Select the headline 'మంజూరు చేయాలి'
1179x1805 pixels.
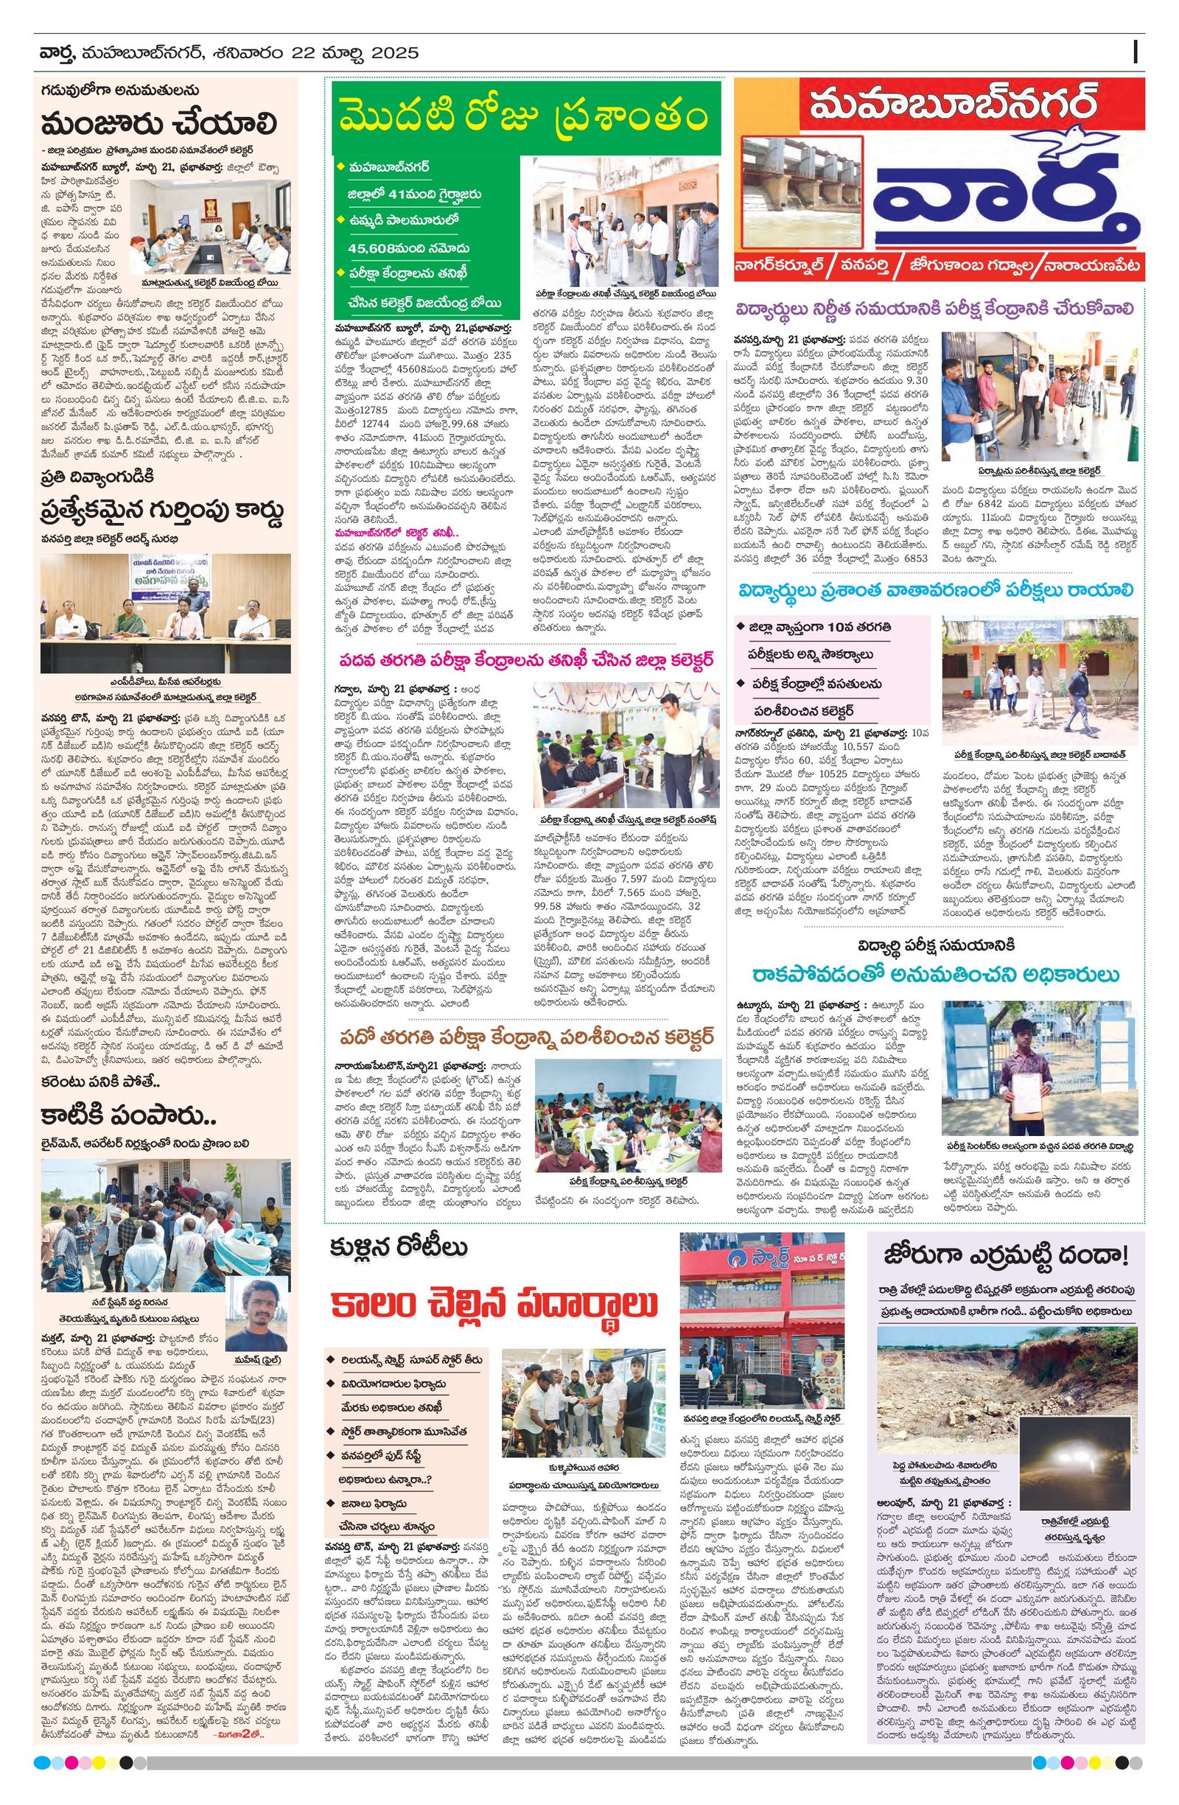click(x=159, y=124)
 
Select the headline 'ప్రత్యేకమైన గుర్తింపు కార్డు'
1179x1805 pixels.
click(x=162, y=514)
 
